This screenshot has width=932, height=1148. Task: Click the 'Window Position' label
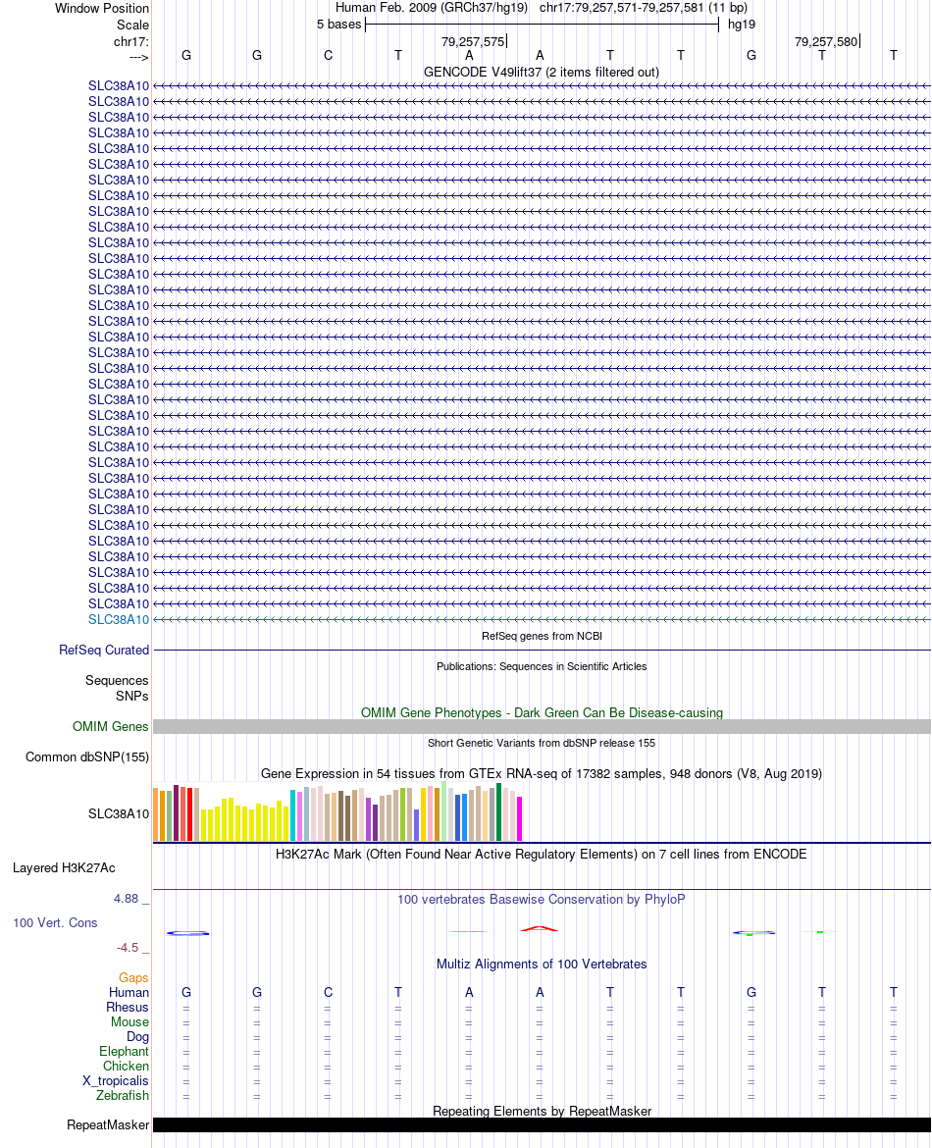tap(102, 8)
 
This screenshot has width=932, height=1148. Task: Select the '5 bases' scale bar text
tap(338, 24)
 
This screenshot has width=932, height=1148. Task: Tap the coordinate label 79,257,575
tap(473, 41)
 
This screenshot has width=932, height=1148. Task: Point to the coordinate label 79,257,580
tap(826, 41)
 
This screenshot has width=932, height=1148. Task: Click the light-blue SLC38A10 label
tap(119, 619)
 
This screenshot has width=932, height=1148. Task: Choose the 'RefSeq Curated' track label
tap(104, 650)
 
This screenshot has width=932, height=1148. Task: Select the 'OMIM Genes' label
tap(111, 727)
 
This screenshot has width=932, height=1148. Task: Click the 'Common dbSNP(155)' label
tap(87, 757)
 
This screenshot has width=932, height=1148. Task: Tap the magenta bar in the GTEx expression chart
tap(520, 818)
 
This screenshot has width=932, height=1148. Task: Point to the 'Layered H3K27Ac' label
tap(64, 867)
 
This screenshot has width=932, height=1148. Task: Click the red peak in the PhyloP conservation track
tap(540, 927)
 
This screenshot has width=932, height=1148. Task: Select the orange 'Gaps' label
tap(133, 977)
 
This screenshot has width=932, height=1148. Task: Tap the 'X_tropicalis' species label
tap(116, 1080)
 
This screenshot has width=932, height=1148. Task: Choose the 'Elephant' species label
tap(124, 1051)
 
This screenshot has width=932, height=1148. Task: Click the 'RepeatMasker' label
tap(108, 1124)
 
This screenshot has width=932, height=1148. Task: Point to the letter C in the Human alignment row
tap(328, 992)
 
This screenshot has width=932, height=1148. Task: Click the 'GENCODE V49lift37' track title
tap(541, 72)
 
